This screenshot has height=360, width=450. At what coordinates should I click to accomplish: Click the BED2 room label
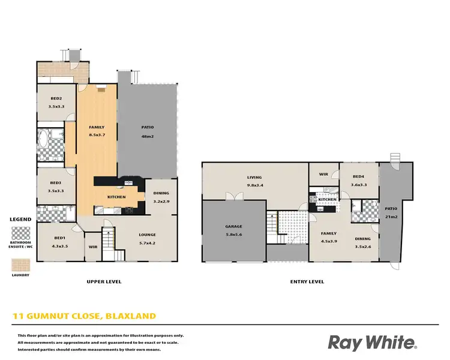[x=56, y=102]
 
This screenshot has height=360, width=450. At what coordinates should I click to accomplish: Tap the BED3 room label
[x=56, y=187]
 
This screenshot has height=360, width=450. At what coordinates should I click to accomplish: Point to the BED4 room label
[x=358, y=181]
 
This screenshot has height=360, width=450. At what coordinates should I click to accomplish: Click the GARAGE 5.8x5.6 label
[x=233, y=230]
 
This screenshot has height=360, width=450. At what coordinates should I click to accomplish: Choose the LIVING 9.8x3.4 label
[x=255, y=181]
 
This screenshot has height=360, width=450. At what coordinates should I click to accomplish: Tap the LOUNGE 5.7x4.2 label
[x=147, y=239]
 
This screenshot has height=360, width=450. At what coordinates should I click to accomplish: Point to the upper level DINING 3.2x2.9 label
[x=161, y=197]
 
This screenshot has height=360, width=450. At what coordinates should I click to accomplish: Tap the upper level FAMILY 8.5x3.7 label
[x=97, y=131]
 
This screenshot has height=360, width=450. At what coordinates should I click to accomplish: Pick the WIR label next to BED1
[x=93, y=247]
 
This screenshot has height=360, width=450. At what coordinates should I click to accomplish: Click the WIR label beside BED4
[x=323, y=174]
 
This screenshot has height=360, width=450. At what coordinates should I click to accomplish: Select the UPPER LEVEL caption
[x=104, y=281]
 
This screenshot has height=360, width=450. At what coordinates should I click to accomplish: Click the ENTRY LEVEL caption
[x=307, y=281]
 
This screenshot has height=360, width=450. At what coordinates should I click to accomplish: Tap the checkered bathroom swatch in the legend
[x=21, y=233]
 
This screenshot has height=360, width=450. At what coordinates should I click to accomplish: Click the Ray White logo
[x=372, y=343]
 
